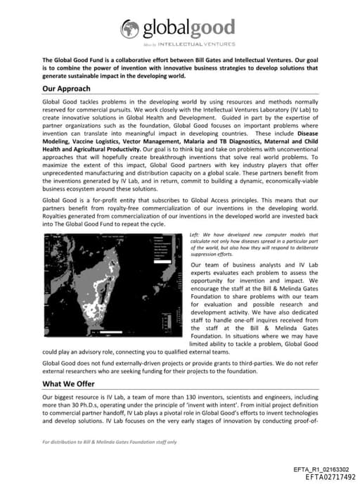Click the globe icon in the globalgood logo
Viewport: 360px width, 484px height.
(129, 28)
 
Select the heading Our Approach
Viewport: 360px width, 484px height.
(66, 89)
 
